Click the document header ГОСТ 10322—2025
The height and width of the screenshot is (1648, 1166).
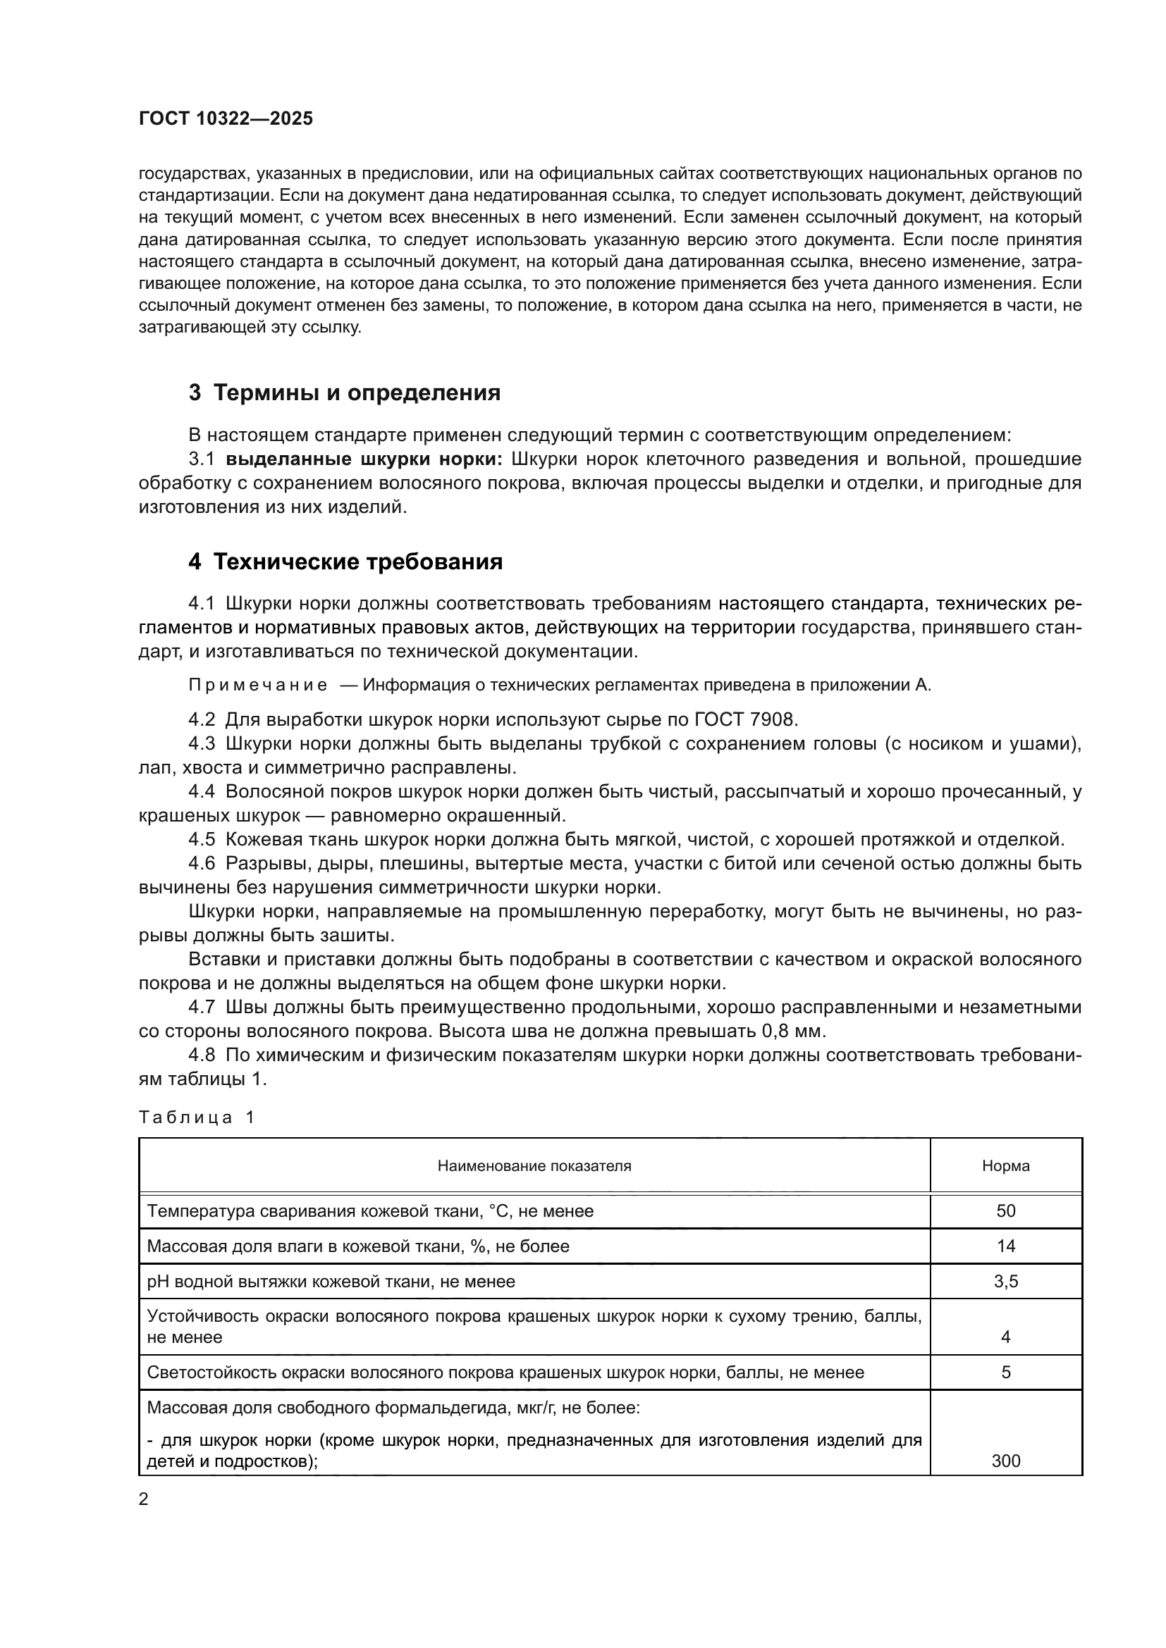point(226,119)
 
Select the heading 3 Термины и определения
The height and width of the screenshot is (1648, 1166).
point(344,392)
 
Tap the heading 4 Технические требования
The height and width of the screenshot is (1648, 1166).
point(345,562)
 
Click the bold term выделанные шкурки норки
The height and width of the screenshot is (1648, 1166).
point(365,459)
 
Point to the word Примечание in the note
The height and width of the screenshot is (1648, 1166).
point(258,685)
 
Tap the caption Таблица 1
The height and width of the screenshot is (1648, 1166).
point(196,1117)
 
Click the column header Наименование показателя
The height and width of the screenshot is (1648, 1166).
point(534,1165)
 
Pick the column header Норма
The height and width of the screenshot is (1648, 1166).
point(1005,1165)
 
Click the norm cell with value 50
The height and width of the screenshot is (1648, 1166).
point(1005,1211)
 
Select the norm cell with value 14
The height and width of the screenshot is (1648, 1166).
point(1005,1246)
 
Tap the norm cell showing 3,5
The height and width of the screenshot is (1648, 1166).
point(1005,1281)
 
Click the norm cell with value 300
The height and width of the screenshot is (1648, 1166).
point(1005,1461)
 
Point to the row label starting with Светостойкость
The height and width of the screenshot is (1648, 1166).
point(505,1373)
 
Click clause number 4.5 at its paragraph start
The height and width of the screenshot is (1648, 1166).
point(202,839)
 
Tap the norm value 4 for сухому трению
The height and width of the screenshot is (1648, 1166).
point(1005,1337)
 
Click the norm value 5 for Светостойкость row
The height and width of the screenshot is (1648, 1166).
point(1005,1373)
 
